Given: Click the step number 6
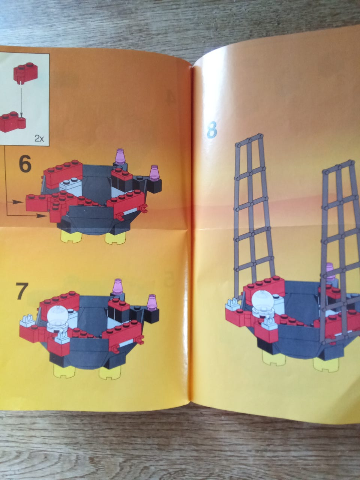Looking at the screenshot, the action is (x=25, y=164).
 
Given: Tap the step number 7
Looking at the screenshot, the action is (x=22, y=291).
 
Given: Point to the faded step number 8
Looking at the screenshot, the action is (x=211, y=130).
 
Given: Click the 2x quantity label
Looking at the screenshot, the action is (x=39, y=138).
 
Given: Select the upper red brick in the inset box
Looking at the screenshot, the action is (x=25, y=72).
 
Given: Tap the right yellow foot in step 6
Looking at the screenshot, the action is (x=115, y=238).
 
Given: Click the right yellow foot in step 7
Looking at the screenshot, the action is (x=110, y=373).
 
